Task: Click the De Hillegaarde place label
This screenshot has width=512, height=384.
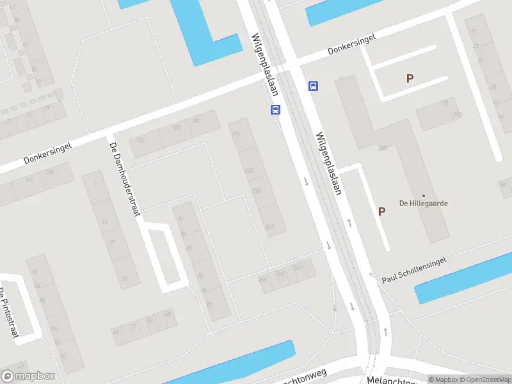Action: [423, 204]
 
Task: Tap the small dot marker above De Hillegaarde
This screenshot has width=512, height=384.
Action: [423, 196]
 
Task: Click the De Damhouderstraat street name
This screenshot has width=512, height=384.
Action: [124, 179]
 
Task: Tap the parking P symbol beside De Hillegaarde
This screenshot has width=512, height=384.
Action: [382, 211]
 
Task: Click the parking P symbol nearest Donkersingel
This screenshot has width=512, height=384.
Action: [410, 79]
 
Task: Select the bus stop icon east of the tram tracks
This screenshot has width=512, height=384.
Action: [313, 86]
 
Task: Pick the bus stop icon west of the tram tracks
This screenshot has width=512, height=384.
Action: [275, 109]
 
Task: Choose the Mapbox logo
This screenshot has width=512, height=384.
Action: [28, 376]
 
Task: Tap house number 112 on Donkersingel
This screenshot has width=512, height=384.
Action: [140, 140]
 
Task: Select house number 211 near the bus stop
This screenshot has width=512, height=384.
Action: [235, 134]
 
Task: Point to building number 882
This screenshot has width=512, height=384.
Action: [383, 148]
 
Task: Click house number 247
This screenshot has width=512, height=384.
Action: [269, 227]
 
